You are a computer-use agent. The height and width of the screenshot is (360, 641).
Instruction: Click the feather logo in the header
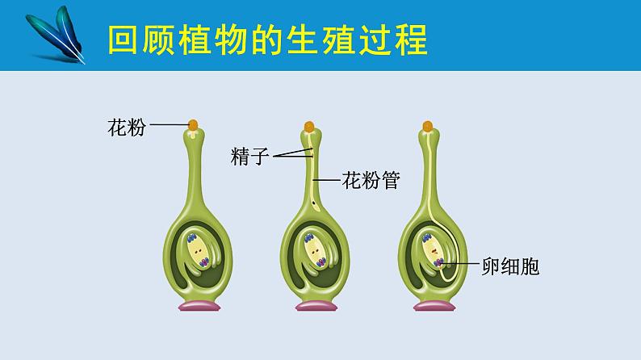[56, 33]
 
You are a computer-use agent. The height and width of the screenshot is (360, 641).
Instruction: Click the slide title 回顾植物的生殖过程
[267, 39]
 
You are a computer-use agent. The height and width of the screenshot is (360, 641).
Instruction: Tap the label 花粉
[127, 127]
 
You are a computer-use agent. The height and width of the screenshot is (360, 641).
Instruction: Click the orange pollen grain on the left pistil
[193, 125]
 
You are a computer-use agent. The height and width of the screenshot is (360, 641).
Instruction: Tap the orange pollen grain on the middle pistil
[309, 126]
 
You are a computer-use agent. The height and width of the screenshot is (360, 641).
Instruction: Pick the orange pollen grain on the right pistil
[428, 126]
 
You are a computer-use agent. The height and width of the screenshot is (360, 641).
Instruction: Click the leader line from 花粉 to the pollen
[169, 125]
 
